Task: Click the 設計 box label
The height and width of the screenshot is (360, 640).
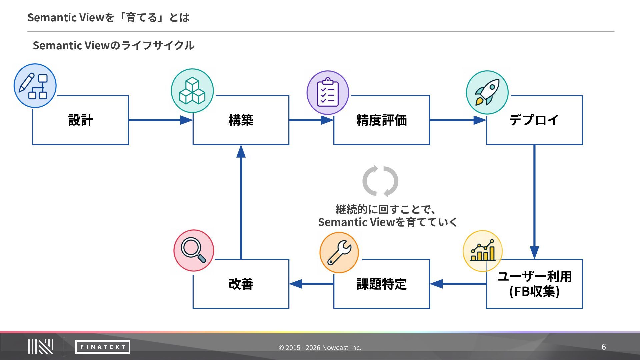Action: (81, 120)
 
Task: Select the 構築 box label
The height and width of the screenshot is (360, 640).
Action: (241, 120)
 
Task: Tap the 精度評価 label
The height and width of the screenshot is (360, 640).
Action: (382, 120)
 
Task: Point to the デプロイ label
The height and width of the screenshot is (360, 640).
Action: (534, 120)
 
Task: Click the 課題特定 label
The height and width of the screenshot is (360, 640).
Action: (382, 284)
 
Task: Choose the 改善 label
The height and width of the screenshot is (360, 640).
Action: (241, 284)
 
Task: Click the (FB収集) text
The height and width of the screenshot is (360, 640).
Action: (534, 291)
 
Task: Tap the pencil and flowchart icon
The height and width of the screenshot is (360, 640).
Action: (35, 86)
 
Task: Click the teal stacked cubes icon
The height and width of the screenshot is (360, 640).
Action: (192, 91)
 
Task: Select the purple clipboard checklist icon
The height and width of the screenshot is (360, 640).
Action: (328, 92)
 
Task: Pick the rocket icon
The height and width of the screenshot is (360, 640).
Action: (487, 92)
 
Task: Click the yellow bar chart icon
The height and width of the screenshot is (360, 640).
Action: (483, 251)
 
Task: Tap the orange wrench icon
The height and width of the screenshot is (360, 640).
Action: (339, 253)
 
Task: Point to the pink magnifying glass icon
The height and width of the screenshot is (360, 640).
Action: (194, 250)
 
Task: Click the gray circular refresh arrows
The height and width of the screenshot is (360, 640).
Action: (380, 181)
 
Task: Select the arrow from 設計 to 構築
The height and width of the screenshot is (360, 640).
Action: (161, 120)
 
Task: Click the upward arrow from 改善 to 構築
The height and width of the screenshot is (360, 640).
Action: (241, 202)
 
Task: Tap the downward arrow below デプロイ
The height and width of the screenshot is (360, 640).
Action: (534, 202)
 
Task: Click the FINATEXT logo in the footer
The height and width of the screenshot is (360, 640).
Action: (103, 347)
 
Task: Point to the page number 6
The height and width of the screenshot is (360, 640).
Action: (604, 347)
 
